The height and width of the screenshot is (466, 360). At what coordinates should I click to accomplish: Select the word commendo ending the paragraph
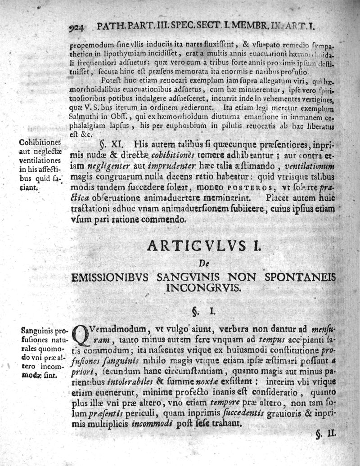point(166,220)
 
